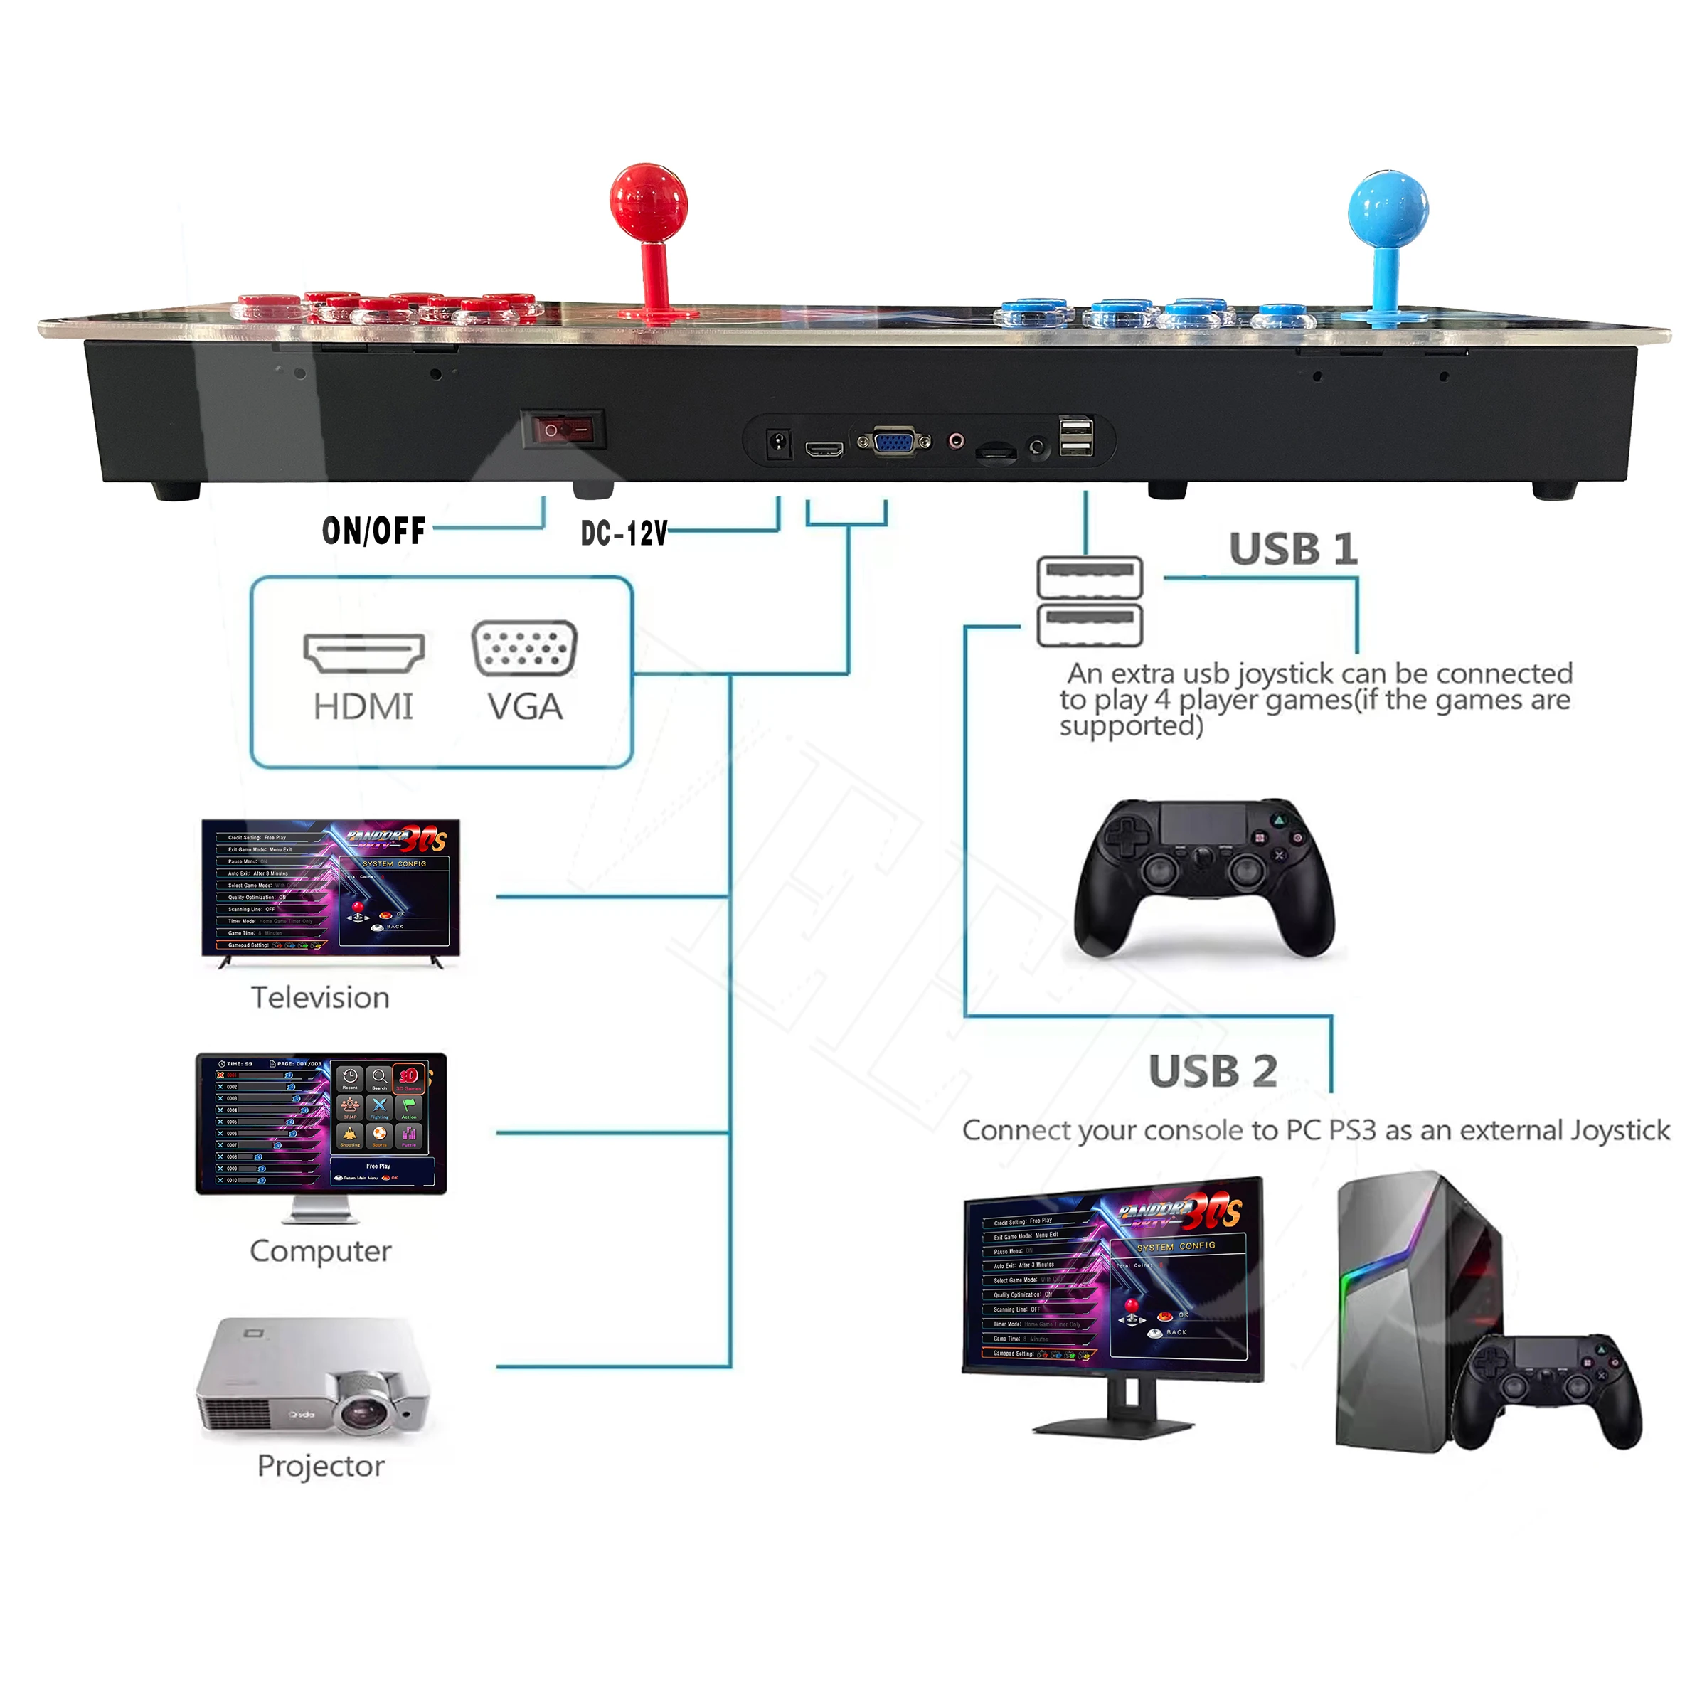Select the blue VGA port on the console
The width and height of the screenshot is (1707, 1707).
(x=893, y=440)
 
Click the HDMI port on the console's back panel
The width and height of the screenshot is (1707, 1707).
(x=824, y=450)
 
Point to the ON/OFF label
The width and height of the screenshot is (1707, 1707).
(x=373, y=531)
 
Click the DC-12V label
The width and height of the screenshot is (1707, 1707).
(x=624, y=533)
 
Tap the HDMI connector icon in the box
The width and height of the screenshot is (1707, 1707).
(x=363, y=652)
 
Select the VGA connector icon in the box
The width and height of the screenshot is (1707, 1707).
(x=524, y=649)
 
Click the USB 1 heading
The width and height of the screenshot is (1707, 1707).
(x=1292, y=550)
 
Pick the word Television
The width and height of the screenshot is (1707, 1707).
(x=320, y=997)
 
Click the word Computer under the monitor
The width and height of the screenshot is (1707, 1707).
(x=320, y=1251)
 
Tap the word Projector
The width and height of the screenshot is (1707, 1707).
(x=321, y=1466)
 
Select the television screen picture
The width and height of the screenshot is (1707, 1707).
(x=331, y=887)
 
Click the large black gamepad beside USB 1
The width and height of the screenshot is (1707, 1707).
(x=1203, y=878)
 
